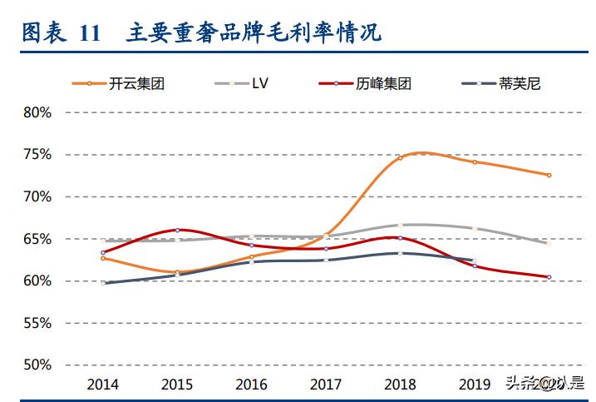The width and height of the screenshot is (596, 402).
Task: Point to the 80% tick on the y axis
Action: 37,112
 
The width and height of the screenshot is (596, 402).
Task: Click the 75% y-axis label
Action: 37,155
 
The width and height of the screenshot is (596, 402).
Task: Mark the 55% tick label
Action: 37,323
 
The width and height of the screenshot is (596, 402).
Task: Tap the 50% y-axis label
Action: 37,365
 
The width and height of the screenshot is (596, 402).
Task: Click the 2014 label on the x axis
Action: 103,384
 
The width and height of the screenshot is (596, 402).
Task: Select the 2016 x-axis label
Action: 252,384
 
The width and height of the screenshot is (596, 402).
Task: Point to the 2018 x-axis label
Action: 400,384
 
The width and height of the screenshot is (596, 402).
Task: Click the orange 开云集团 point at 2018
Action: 400,157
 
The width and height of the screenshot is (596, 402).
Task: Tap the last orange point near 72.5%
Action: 549,175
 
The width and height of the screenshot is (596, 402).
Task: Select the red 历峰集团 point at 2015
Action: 177,230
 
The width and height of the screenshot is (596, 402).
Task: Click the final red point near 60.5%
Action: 549,277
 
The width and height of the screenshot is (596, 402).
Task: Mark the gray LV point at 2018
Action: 400,225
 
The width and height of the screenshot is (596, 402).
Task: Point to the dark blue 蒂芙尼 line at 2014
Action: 103,283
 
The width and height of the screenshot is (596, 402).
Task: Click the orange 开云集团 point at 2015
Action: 177,272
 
